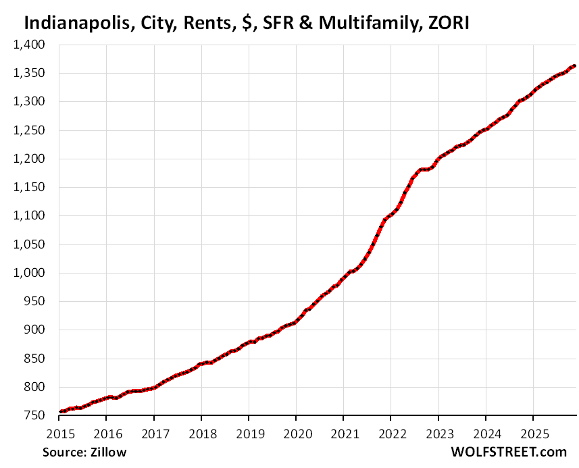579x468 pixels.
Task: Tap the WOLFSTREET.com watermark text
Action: click(x=510, y=452)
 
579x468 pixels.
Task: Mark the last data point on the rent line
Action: click(x=574, y=66)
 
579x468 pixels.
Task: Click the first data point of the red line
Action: click(x=60, y=411)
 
